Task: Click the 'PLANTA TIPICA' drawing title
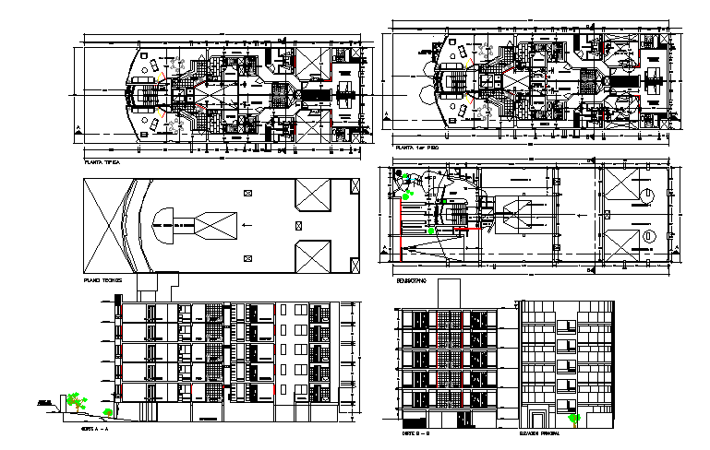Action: click(102, 160)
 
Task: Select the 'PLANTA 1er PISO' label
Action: click(416, 148)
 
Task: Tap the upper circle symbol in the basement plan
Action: click(648, 195)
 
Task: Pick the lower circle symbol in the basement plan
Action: click(648, 237)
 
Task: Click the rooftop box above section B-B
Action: click(450, 291)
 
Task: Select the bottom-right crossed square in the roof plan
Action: click(311, 255)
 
